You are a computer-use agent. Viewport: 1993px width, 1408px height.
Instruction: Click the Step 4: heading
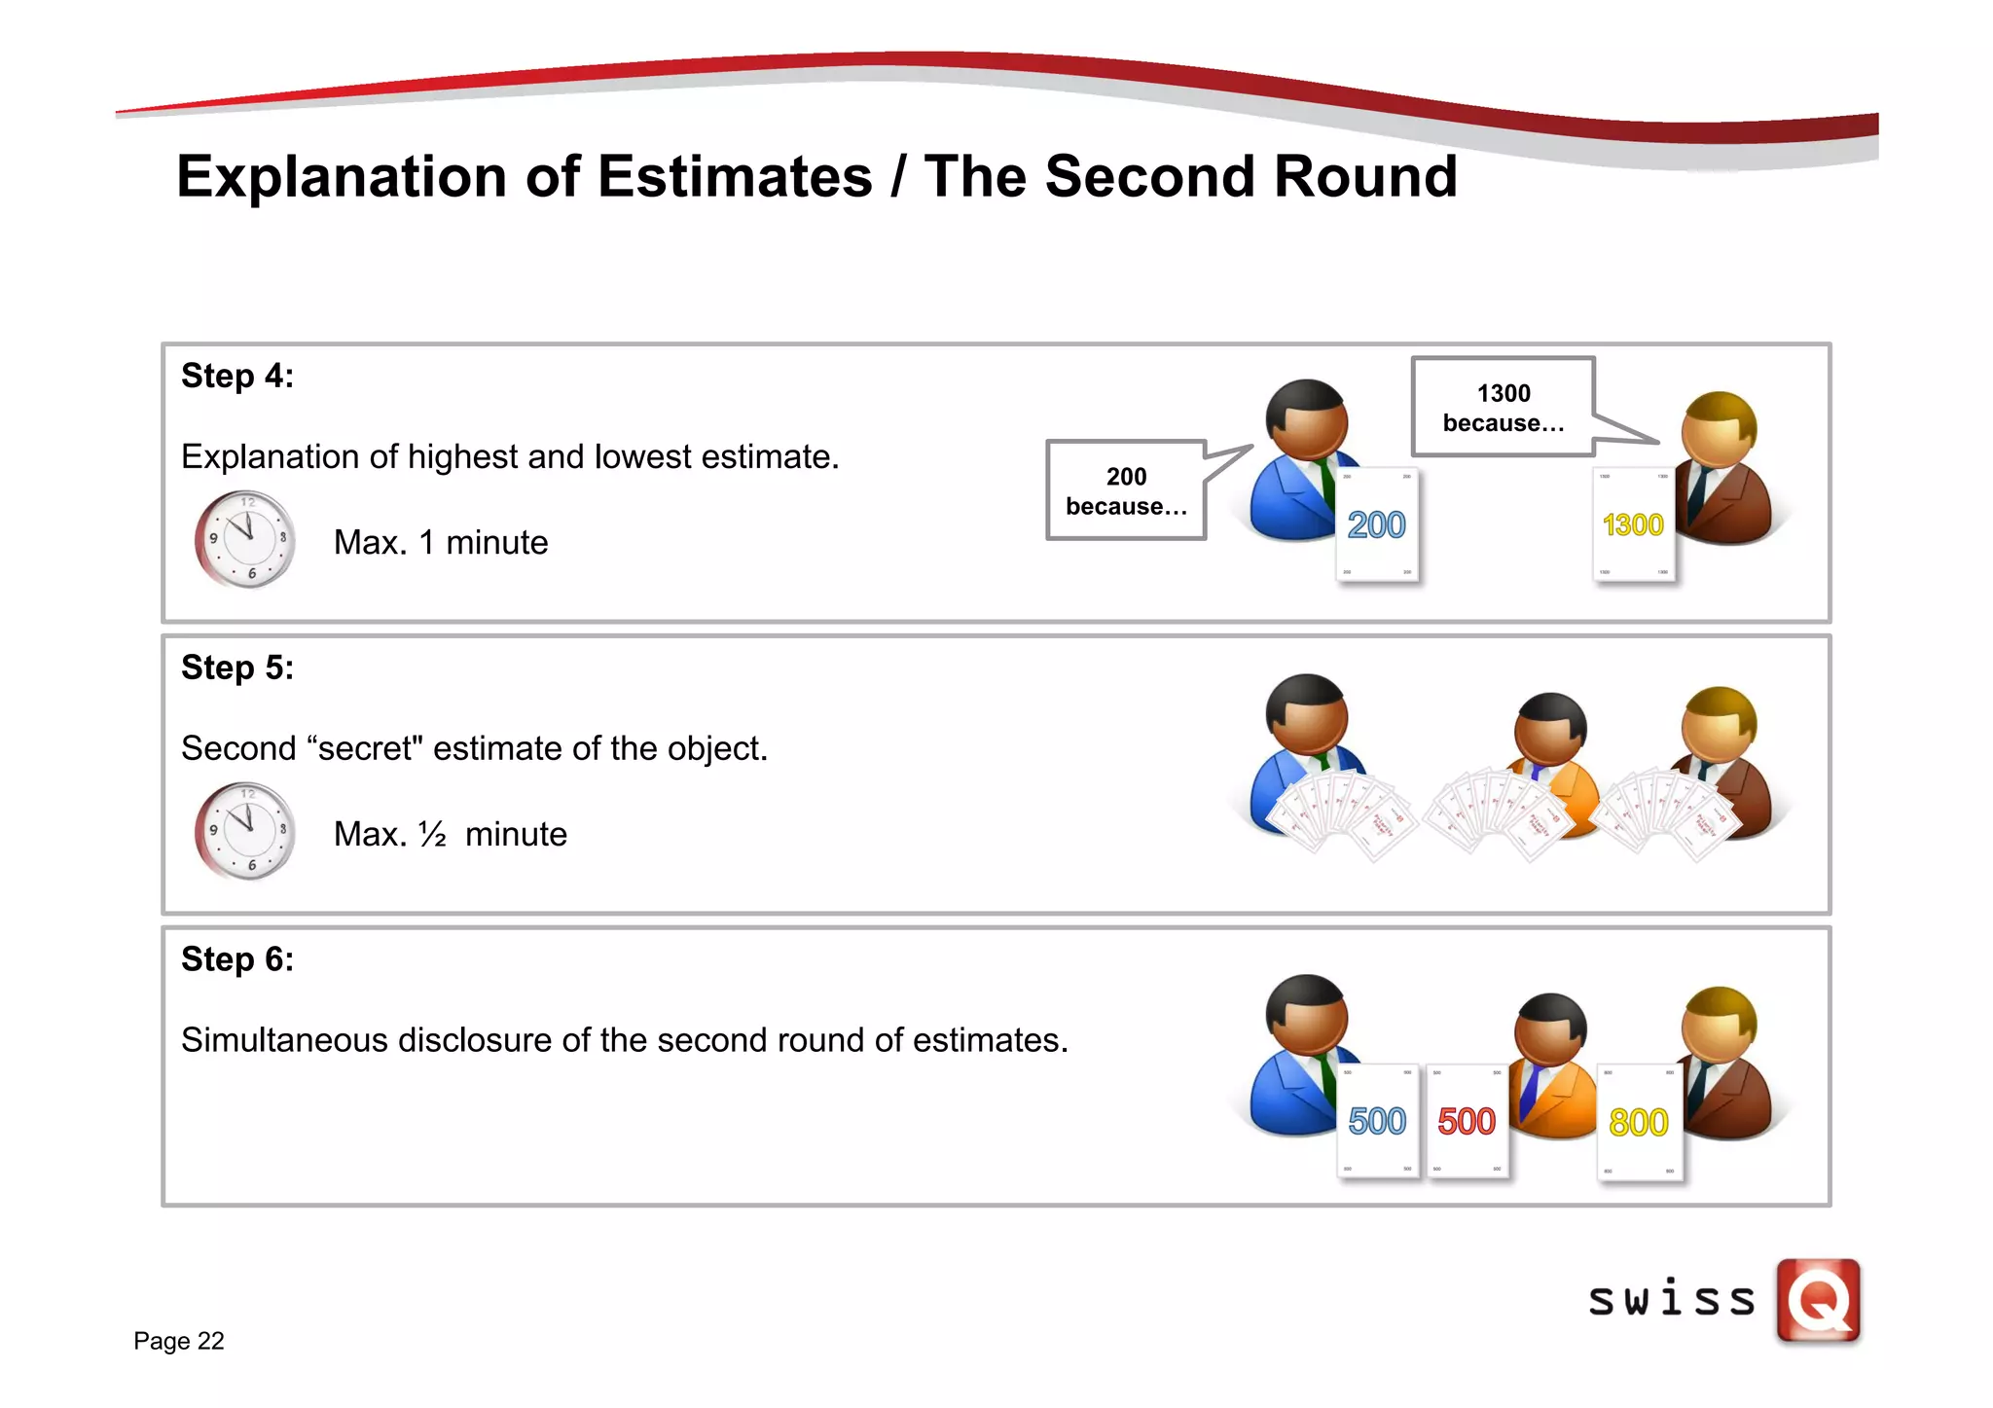pos(237,377)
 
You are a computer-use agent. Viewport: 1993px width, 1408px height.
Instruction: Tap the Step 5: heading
pos(237,668)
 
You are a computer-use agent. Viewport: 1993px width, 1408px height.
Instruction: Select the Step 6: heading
pos(237,960)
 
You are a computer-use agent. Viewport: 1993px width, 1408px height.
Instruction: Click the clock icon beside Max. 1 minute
pos(245,539)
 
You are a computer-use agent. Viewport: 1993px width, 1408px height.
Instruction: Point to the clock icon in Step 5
pos(245,831)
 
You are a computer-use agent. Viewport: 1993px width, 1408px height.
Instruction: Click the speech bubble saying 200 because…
pos(1126,491)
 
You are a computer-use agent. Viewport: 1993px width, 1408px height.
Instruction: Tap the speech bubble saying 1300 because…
pos(1503,408)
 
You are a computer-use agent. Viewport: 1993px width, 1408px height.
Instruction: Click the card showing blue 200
pos(1377,525)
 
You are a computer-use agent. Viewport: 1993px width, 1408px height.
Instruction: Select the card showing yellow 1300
pos(1634,525)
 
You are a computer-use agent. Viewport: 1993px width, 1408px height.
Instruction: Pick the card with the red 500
pos(1467,1122)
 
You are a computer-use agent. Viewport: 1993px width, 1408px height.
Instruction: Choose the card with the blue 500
pos(1377,1122)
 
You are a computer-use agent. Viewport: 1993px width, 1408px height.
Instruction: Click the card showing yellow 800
pos(1639,1123)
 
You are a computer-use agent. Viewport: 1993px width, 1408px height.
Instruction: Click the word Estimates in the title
pos(735,178)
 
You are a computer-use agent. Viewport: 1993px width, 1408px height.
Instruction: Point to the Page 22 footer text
pos(179,1342)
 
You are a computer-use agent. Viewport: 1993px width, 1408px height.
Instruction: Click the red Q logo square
pos(1818,1301)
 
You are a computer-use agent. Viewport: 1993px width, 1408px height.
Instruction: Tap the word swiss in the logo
pos(1672,1301)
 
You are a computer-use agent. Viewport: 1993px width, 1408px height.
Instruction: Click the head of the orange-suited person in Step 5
pos(1551,728)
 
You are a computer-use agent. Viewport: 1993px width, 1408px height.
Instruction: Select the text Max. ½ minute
pos(450,835)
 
